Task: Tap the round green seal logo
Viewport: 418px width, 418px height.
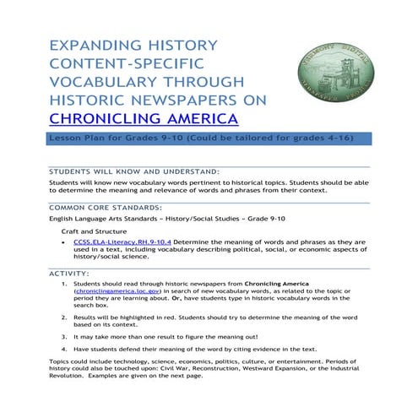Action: click(x=337, y=71)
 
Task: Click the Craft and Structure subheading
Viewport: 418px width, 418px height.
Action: click(x=91, y=230)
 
